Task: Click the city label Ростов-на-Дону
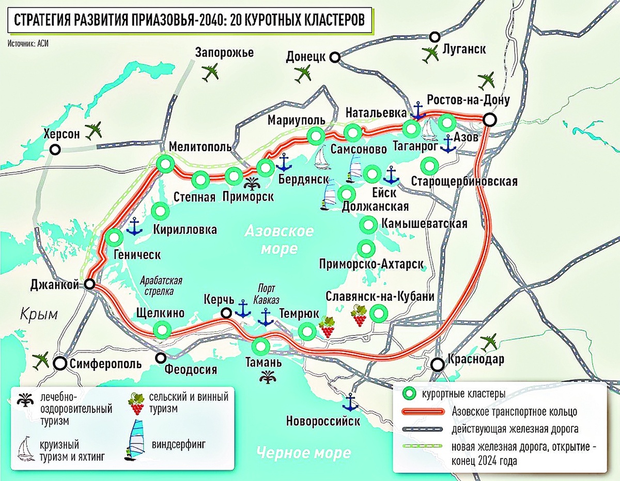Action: [469, 100]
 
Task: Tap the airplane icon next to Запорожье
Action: [211, 73]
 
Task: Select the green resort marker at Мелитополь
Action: [165, 165]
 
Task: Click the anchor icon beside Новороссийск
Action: [350, 401]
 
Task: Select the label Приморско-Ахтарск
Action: [371, 264]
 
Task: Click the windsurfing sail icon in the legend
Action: [135, 439]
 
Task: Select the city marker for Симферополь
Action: [61, 363]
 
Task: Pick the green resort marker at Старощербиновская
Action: [429, 167]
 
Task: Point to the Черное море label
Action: [304, 453]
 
